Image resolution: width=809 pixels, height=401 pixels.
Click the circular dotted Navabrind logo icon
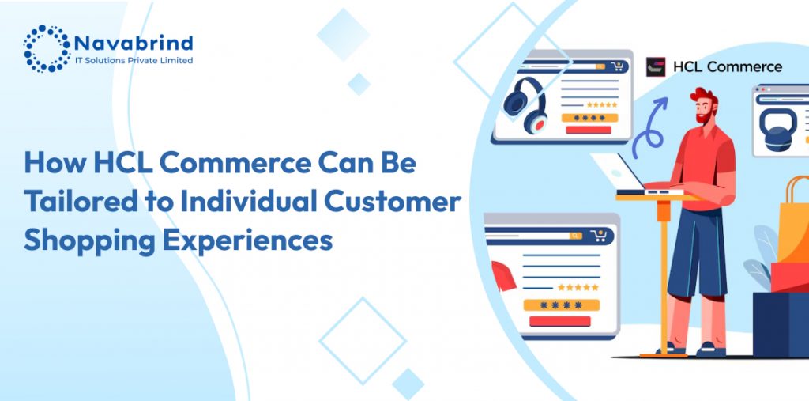(x=47, y=48)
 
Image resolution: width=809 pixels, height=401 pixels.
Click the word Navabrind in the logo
(x=134, y=43)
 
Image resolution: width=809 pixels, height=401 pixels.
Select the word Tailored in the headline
(x=81, y=201)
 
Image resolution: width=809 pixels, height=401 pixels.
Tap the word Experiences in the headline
(x=248, y=240)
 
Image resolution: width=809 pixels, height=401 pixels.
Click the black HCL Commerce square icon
(x=656, y=67)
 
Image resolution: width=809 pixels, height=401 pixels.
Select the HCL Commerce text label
(x=728, y=67)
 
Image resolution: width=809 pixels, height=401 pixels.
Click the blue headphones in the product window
(x=525, y=105)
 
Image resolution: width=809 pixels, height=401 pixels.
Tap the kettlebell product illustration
(x=777, y=130)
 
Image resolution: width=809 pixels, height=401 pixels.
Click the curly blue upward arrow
(x=649, y=129)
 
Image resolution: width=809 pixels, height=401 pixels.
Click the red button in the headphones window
(x=589, y=130)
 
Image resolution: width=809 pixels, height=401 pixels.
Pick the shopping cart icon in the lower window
(x=599, y=236)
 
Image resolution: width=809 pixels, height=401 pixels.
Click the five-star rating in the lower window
(x=578, y=287)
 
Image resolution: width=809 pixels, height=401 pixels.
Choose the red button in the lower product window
(x=560, y=321)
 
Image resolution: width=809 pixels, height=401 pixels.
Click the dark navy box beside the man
(x=781, y=324)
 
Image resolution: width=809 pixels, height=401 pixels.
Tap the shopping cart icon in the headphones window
(x=617, y=66)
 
